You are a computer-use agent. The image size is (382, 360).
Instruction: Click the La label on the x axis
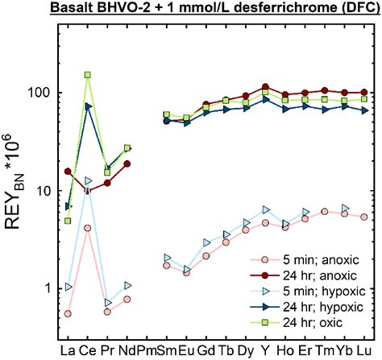(x=68, y=350)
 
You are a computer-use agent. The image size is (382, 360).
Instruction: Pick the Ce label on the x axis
(x=88, y=350)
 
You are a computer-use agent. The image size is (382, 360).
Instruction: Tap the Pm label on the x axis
(x=147, y=350)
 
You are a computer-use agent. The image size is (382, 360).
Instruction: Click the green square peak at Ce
(x=88, y=75)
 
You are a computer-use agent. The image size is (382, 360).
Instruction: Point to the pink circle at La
(x=68, y=314)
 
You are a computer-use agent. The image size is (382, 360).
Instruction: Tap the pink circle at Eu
(x=186, y=273)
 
